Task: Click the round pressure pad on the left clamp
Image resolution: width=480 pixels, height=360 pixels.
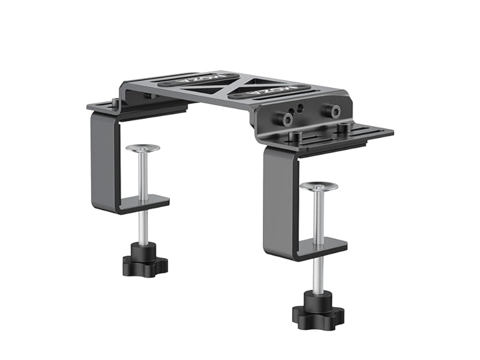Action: [143, 148]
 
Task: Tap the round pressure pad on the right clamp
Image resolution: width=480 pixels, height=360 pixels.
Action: [318, 187]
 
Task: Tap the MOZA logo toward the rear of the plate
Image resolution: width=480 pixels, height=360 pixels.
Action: [207, 78]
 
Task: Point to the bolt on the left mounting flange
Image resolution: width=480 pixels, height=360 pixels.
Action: [115, 103]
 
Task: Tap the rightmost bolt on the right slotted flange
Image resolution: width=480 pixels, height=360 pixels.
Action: [343, 128]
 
